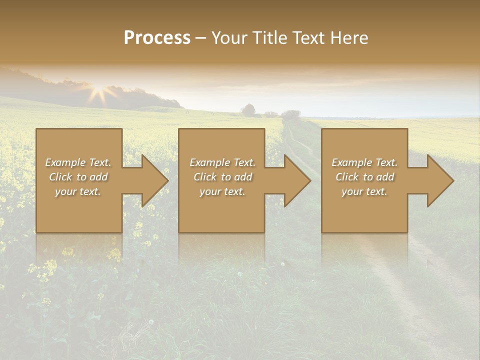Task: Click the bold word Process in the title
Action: coord(157,37)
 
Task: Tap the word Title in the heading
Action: coord(268,37)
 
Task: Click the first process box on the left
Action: coord(79,210)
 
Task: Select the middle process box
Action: coord(221,210)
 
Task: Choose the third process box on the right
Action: coord(364,210)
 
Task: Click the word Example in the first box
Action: coord(64,162)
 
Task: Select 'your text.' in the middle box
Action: coord(222,191)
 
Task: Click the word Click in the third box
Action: coord(347,177)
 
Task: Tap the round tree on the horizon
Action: coord(248,109)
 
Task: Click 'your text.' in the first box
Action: coord(78,191)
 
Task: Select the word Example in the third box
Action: coord(351,162)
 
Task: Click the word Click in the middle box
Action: coord(205,177)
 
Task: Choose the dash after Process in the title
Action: coord(200,38)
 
